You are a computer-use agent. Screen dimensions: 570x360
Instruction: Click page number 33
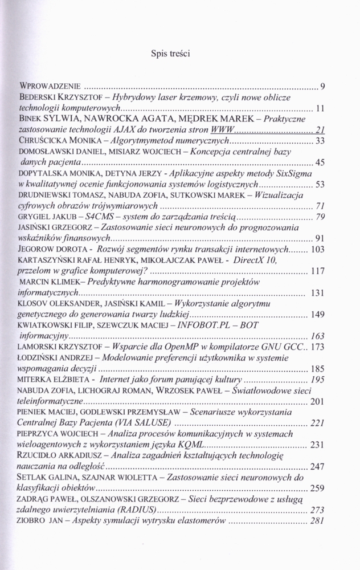click(x=320, y=141)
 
